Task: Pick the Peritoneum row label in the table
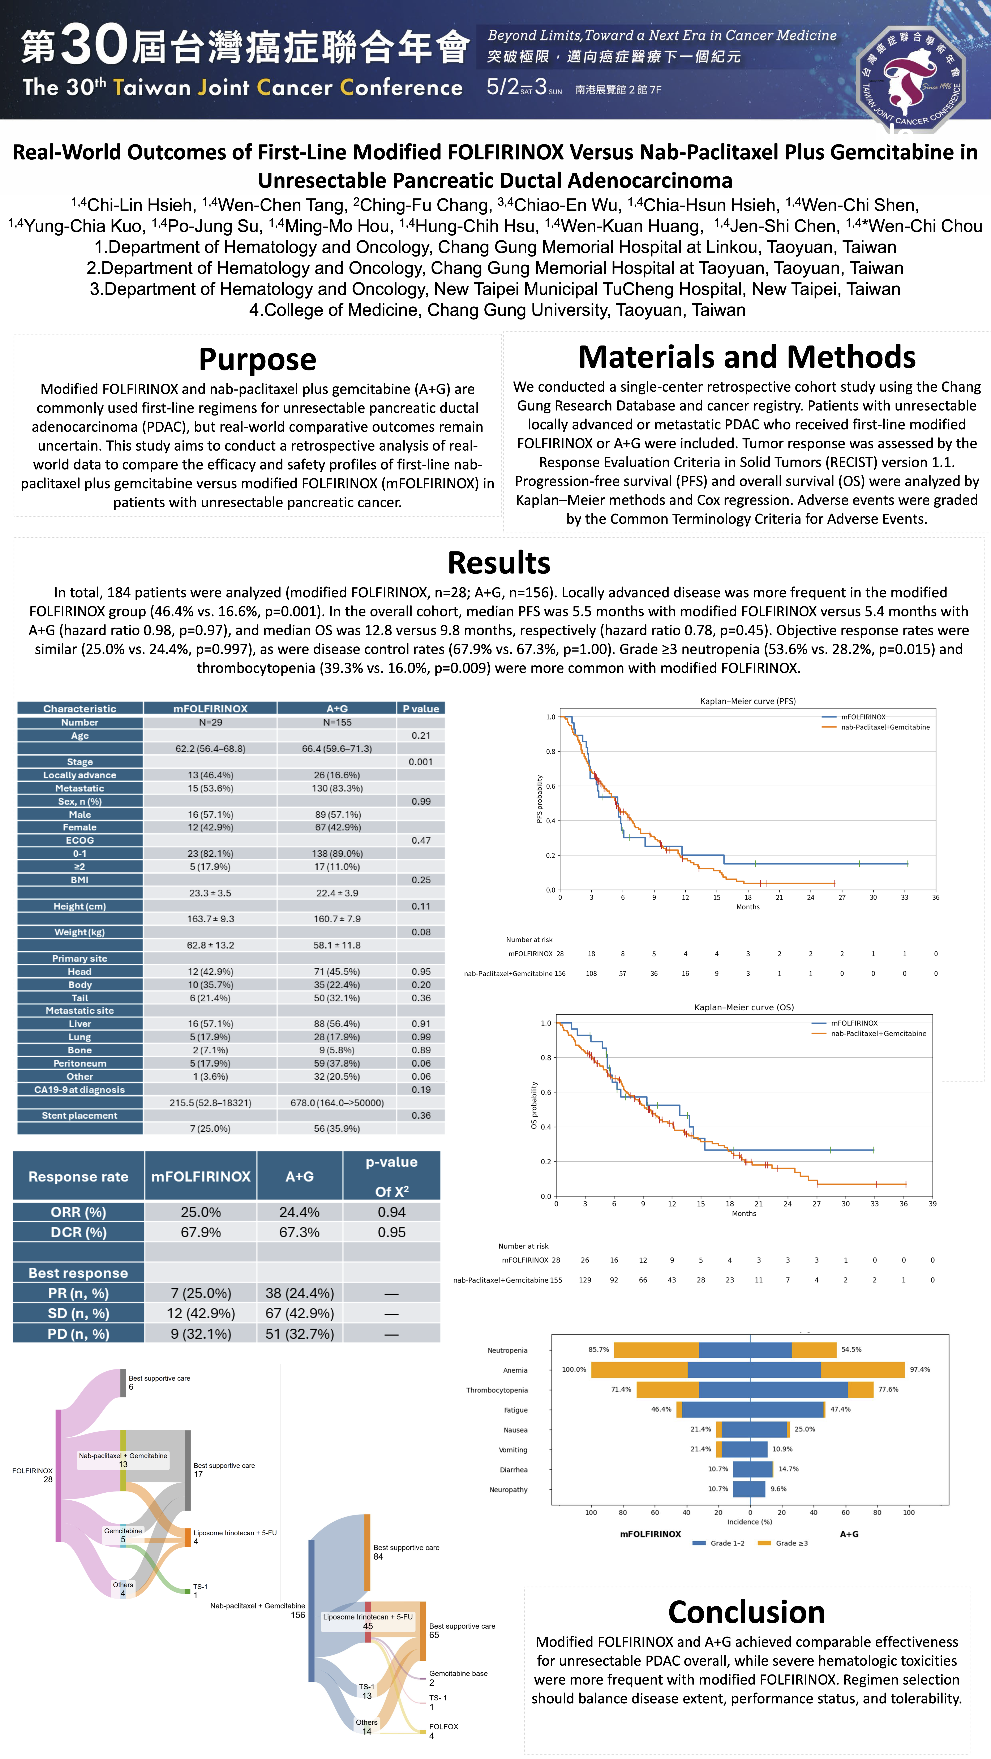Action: point(80,1063)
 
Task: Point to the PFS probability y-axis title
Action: point(540,799)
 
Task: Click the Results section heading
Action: point(499,563)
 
